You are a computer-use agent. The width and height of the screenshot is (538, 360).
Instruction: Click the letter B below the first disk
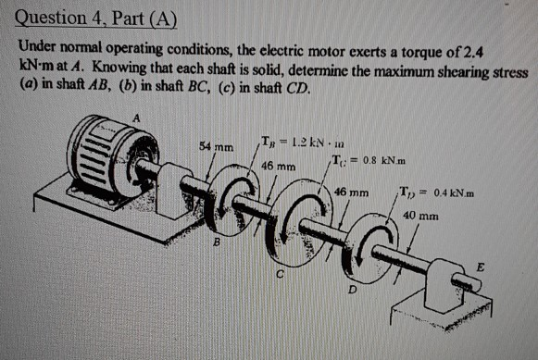pos(217,245)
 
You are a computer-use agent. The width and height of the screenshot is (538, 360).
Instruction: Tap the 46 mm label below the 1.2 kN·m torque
pos(277,166)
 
